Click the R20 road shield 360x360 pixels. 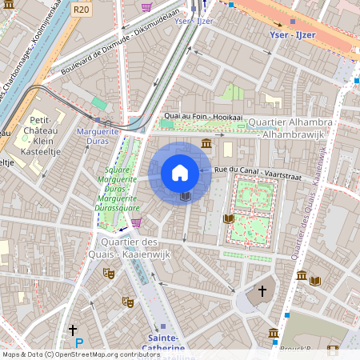click(x=80, y=10)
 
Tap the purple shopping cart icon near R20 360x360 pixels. click(x=146, y=7)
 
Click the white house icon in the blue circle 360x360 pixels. click(x=180, y=173)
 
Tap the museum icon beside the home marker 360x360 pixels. click(x=206, y=143)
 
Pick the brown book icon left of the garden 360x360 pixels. click(x=229, y=218)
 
